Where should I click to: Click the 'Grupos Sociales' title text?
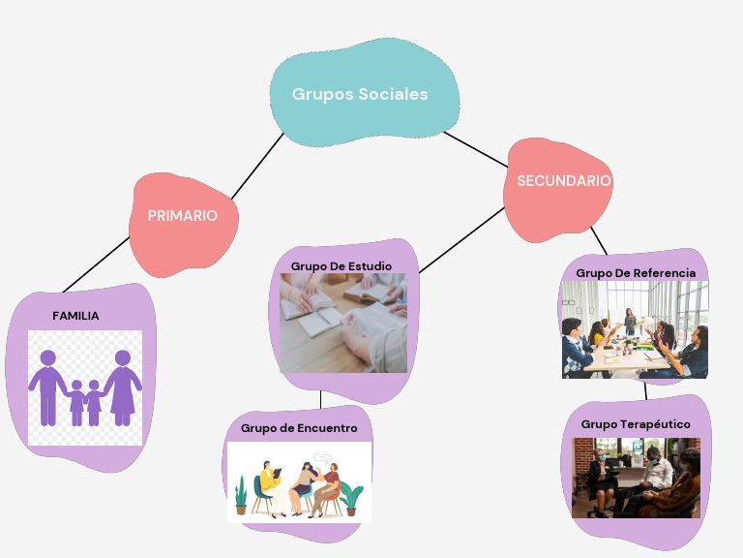click(x=360, y=95)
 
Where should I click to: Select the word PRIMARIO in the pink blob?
click(x=182, y=216)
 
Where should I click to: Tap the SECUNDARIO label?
click(x=563, y=181)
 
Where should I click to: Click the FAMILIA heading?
click(x=75, y=316)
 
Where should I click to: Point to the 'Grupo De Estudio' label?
click(x=341, y=265)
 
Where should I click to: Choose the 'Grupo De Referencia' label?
click(x=635, y=273)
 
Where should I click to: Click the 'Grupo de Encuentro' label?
click(x=299, y=428)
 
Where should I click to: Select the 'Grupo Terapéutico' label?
click(x=635, y=424)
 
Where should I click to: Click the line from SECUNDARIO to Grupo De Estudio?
click(x=461, y=240)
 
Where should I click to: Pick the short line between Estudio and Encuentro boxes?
click(x=320, y=399)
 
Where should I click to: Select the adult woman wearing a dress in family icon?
click(x=122, y=387)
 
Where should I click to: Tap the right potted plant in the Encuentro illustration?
click(x=351, y=498)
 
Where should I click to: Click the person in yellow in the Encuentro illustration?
click(x=268, y=486)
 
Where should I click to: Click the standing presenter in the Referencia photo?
click(x=630, y=321)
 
